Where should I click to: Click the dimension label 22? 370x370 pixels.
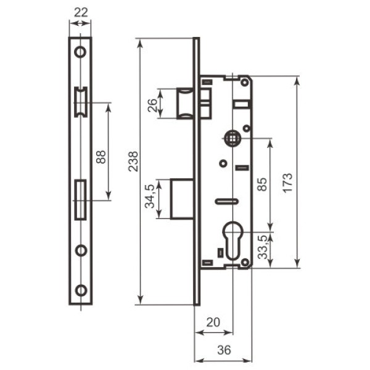pos(81,12)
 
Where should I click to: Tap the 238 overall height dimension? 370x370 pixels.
pos(133,162)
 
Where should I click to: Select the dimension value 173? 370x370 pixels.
pos(288,183)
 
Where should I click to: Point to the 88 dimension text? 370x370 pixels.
pos(101,157)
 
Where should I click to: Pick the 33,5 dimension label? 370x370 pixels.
pos(263,247)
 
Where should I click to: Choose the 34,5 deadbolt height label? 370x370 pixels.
pos(150,196)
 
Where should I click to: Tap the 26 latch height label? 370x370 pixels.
pos(152,105)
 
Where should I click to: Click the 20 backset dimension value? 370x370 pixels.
pos(213,322)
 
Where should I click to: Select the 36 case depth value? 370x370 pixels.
pos(224,350)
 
